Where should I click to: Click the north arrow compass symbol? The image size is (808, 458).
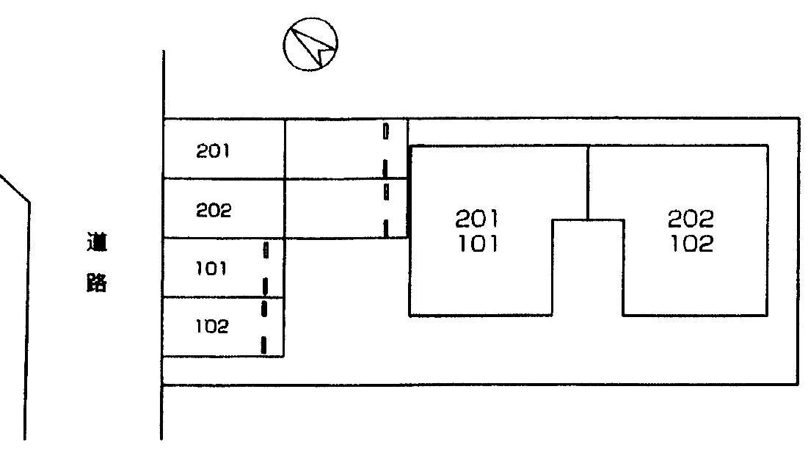pyautogui.click(x=310, y=44)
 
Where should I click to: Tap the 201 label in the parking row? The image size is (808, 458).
pyautogui.click(x=213, y=151)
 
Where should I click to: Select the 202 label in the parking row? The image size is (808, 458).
pyautogui.click(x=213, y=211)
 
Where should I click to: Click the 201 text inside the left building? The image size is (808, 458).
pyautogui.click(x=477, y=218)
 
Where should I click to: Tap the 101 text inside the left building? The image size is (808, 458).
pyautogui.click(x=477, y=244)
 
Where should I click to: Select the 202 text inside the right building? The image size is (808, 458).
pyautogui.click(x=691, y=218)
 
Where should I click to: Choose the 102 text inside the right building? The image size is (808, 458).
pyautogui.click(x=691, y=244)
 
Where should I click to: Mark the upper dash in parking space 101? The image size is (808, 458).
pyautogui.click(x=265, y=251)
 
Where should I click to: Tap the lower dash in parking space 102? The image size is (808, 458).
pyautogui.click(x=263, y=343)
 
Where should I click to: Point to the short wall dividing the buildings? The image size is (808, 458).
pyautogui.click(x=588, y=182)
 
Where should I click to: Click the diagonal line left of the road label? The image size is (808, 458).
pyautogui.click(x=15, y=187)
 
